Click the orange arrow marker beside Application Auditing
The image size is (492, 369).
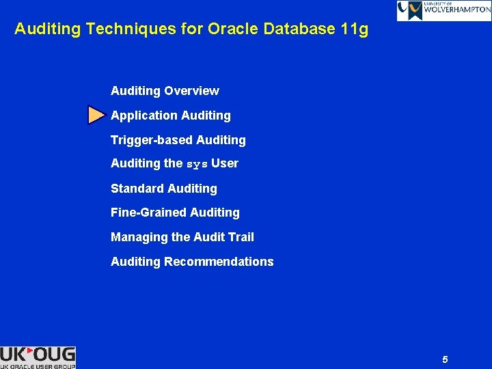pos(96,115)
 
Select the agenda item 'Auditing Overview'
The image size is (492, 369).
pos(165,91)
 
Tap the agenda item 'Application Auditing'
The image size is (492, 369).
pos(170,115)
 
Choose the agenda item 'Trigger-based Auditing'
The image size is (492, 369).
pos(178,140)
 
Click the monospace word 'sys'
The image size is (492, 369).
pos(197,164)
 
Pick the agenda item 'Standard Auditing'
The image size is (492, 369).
pos(163,189)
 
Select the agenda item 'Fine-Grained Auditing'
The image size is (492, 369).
pos(175,213)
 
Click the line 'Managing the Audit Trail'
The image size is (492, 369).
pos(182,237)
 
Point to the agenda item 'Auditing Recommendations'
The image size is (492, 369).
pos(192,262)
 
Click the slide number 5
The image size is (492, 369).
pos(445,359)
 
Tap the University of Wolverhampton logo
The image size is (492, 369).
pos(443,10)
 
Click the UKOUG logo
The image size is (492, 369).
pos(38,357)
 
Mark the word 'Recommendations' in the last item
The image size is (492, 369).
pos(219,262)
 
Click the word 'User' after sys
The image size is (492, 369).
pos(225,164)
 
